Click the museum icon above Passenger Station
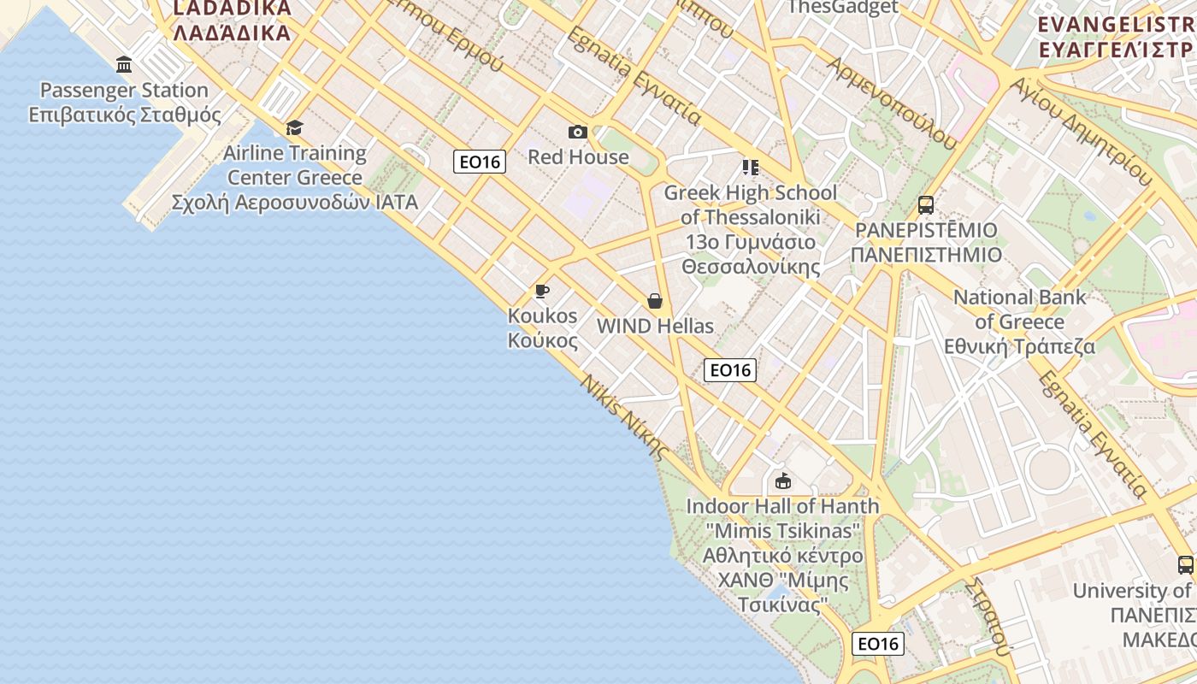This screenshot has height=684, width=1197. pos(124,65)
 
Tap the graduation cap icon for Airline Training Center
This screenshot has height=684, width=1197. pos(294,128)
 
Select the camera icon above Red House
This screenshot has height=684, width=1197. pos(578,132)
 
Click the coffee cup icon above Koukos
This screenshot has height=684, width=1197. pos(542,292)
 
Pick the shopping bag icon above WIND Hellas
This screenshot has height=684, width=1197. pos(655,301)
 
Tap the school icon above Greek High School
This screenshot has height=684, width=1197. pos(750,167)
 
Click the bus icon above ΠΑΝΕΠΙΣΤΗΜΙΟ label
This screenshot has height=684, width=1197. pos(926,205)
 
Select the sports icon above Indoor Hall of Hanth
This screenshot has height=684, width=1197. pos(782,481)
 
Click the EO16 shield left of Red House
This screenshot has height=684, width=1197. pos(480,162)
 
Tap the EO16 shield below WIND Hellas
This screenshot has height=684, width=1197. pos(730,370)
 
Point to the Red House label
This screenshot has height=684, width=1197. pos(578,157)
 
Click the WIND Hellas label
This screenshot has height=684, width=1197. pos(655,327)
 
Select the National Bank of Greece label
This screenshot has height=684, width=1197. pos(1019,321)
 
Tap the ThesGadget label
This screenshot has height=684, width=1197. pos(842,8)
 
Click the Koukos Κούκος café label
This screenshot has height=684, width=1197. pos(543,327)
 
